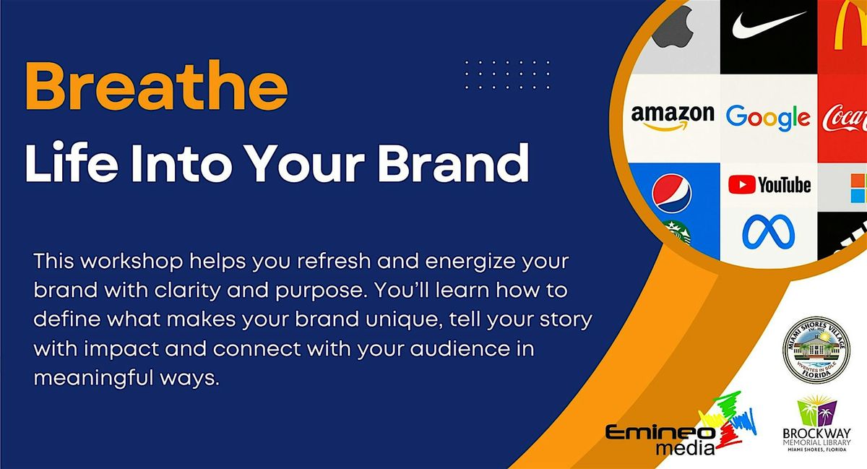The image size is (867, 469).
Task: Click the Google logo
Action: coord(767,116)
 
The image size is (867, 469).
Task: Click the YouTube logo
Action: coord(769,185)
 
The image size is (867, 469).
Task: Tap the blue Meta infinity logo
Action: coord(768,231)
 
